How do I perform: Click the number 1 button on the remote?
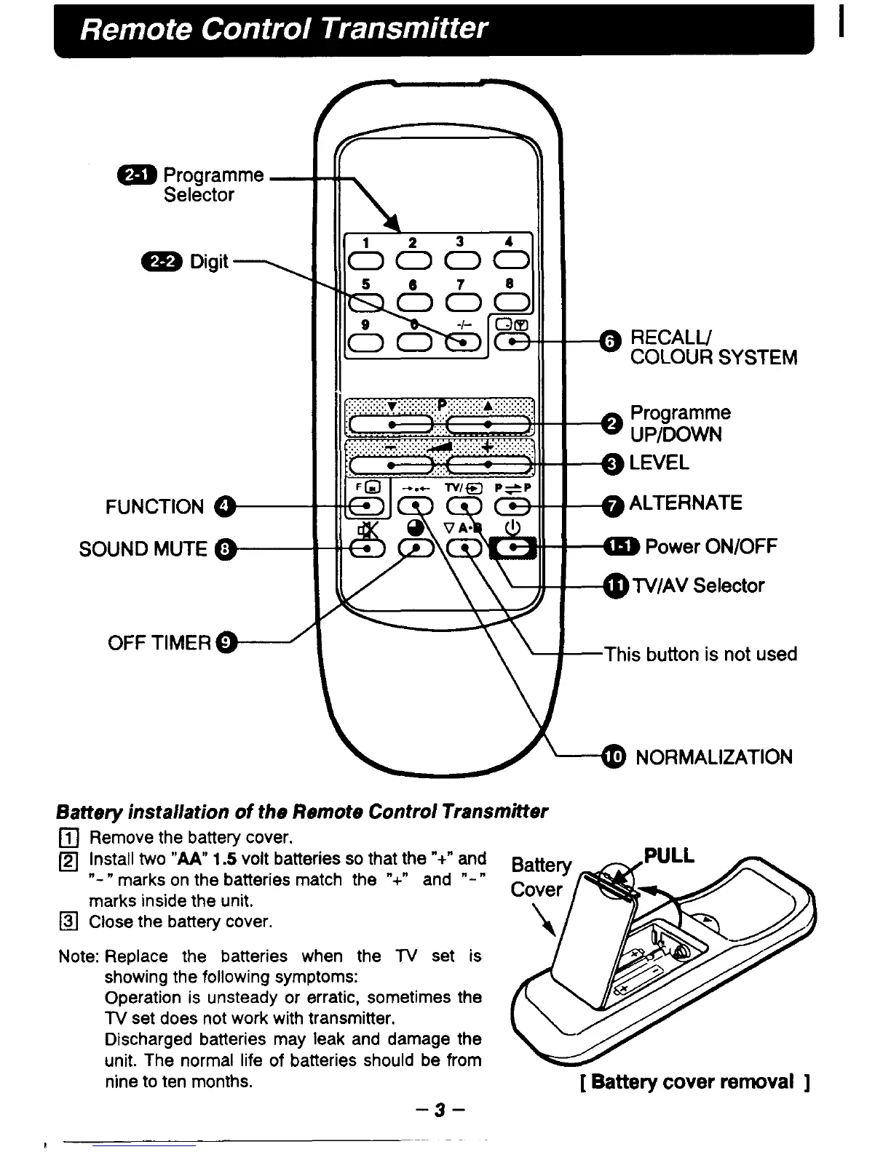point(366,260)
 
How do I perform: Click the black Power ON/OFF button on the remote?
point(515,548)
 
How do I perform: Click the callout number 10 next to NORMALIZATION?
point(614,757)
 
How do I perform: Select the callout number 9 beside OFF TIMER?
point(228,642)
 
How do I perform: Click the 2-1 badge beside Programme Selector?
point(137,175)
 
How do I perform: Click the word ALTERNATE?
point(686,503)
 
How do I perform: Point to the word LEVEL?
point(659,463)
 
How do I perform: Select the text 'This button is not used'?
point(700,654)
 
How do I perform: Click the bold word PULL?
point(669,855)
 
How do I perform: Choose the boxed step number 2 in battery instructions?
point(71,858)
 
